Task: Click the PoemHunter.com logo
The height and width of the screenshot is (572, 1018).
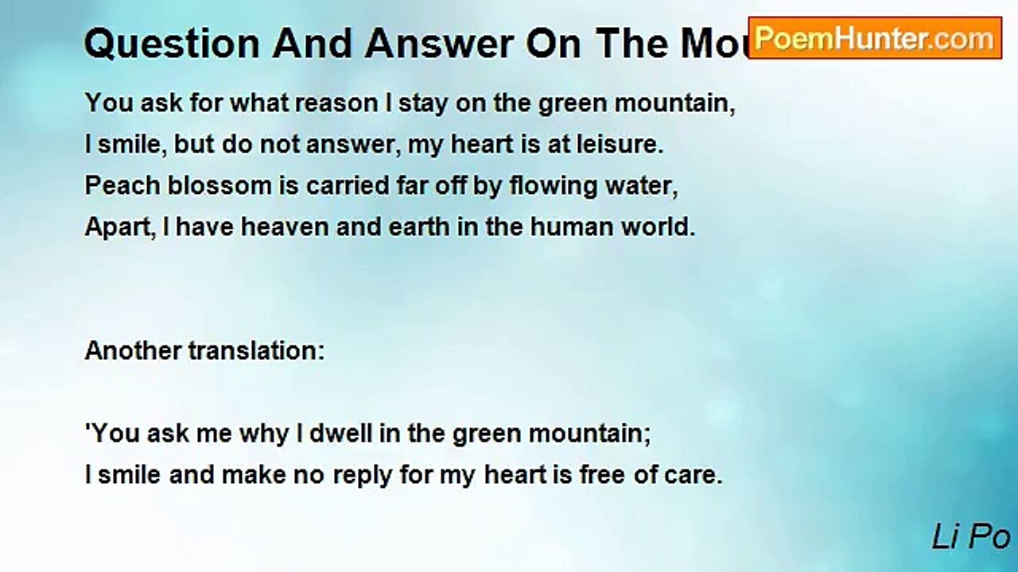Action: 875,38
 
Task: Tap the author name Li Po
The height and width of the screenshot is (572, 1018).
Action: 971,538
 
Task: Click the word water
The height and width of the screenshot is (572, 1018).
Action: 642,187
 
